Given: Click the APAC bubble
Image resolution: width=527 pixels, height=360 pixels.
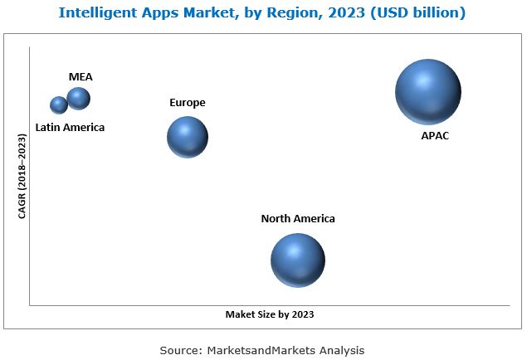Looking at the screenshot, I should [427, 92].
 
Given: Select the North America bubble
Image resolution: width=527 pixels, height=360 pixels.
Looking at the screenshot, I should [297, 260].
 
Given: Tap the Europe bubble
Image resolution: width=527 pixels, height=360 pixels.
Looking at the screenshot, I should [188, 137].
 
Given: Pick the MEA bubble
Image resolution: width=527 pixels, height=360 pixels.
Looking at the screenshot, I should [79, 99].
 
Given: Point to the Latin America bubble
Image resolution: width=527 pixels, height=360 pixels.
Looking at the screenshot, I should [59, 105].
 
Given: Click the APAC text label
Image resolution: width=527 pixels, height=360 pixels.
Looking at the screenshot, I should [435, 135].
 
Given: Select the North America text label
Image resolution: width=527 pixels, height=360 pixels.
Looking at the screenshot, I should [298, 219].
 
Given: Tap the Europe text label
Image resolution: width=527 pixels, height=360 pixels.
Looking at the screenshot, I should [188, 103].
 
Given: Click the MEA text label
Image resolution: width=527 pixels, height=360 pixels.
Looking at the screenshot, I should [81, 77].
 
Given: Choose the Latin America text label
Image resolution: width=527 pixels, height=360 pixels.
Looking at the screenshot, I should [70, 128].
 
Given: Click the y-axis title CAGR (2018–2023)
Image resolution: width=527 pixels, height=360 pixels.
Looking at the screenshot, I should [22, 178].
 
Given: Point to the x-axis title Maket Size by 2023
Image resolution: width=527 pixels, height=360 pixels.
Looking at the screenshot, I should [270, 315].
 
